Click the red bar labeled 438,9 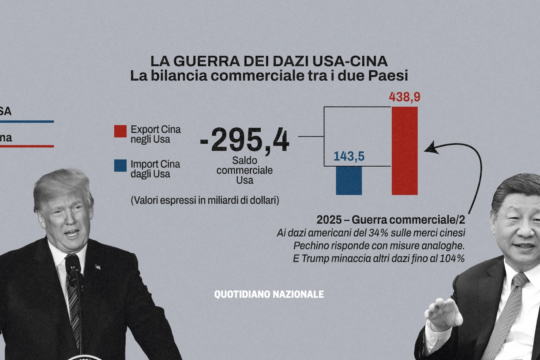coord(405,151)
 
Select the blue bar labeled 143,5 coord(349,180)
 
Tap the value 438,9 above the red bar coord(405,97)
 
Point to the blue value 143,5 coord(349,156)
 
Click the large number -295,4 coord(245,141)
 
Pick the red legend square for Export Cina coord(120,131)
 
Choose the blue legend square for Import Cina coord(120,165)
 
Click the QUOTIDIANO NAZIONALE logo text coord(269,294)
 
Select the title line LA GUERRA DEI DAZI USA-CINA coord(269,61)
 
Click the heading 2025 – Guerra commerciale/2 coord(391,220)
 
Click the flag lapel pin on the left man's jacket coord(97,267)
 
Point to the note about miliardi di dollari coord(205,200)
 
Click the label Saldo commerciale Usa coord(244,171)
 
